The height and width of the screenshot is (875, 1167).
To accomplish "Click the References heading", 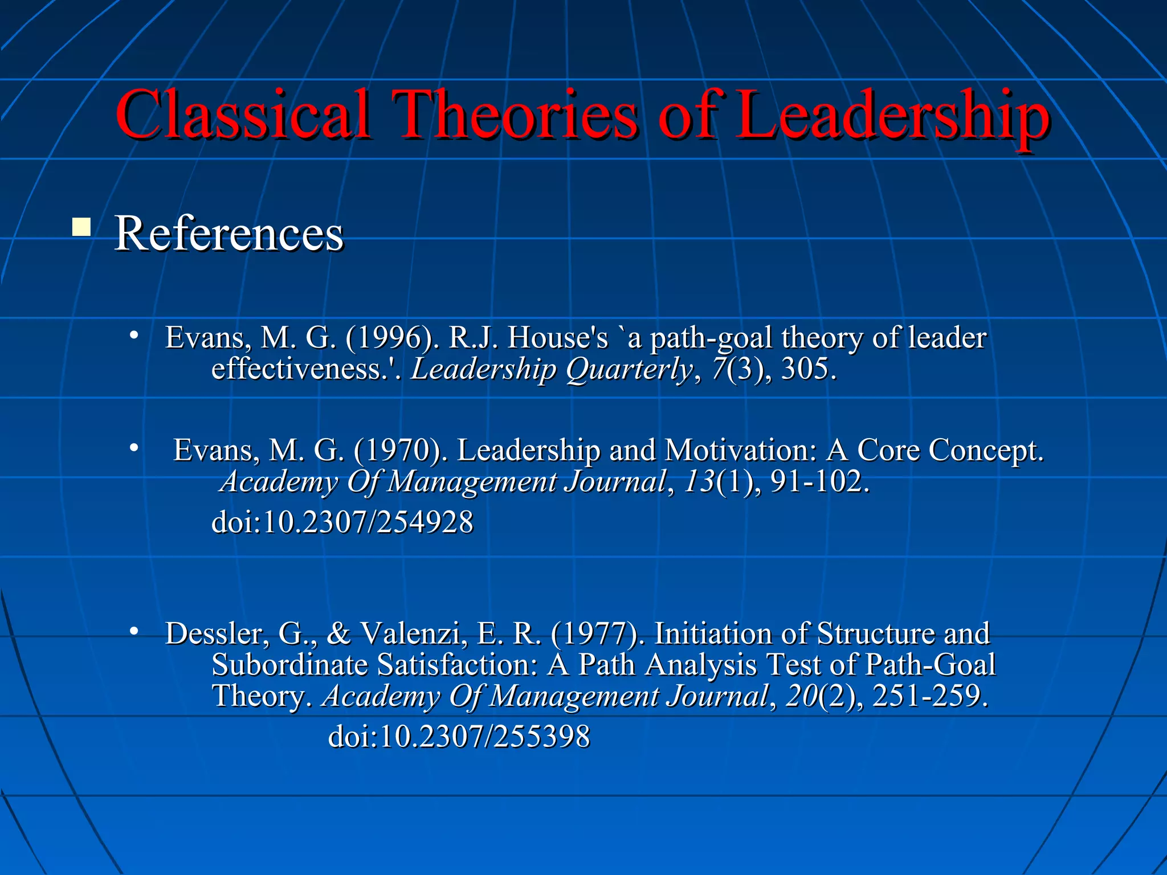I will click(x=228, y=234).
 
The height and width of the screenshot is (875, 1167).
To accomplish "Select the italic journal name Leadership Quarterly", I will click(x=552, y=369).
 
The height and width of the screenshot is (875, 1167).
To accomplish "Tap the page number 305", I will click(x=809, y=369).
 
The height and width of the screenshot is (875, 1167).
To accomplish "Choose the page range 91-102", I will click(x=820, y=481).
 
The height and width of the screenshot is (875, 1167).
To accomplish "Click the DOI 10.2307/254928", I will click(x=342, y=522).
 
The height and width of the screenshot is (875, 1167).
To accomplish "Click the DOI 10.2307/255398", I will click(x=459, y=737).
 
